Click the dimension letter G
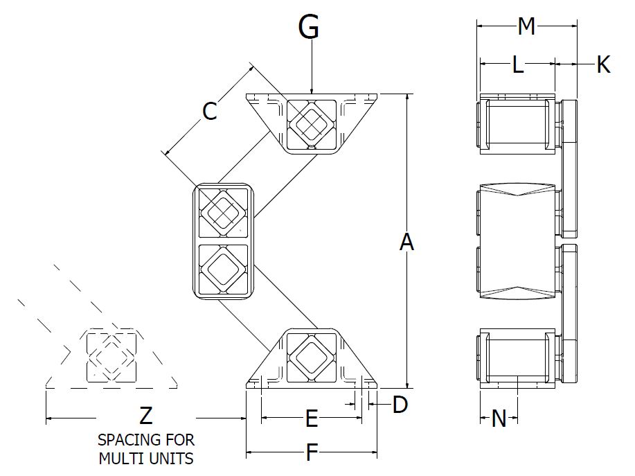pos(309,28)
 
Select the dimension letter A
pos(407,243)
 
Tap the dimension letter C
pos(209,111)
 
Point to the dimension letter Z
pos(145,416)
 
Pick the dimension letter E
pos(312,418)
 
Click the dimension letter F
pos(312,453)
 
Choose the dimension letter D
pos(400,405)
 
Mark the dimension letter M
pos(526,27)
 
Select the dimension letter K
pos(603,65)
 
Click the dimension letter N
pos(499,418)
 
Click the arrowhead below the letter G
pos(312,89)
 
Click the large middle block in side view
pos(518,243)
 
